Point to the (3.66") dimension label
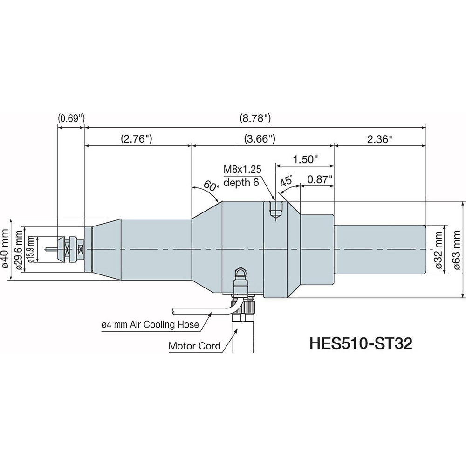259,138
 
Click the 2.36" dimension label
377,138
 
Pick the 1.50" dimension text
305,159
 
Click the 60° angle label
211,186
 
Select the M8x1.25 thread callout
242,170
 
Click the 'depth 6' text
241,182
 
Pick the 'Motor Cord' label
195,346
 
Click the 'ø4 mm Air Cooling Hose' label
151,325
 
